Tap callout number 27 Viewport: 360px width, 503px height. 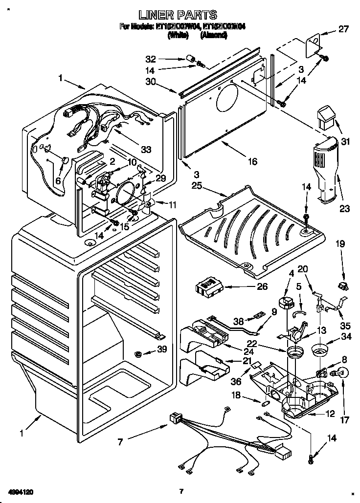(343, 29)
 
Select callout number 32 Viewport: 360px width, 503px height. (151, 59)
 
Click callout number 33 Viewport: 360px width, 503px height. (145, 150)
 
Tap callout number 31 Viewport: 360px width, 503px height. (346, 142)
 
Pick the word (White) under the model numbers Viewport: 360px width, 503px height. (178, 36)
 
